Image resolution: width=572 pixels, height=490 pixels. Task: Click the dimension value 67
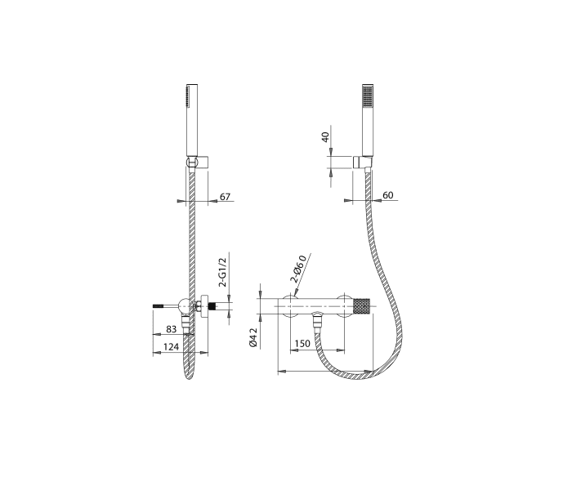click(226, 197)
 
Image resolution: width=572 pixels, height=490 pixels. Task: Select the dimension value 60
click(388, 195)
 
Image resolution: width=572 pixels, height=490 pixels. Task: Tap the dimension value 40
click(325, 136)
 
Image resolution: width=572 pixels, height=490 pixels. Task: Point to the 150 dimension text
click(302, 344)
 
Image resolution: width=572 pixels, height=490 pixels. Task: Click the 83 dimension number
click(172, 329)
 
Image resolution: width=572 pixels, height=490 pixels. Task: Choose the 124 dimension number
click(171, 347)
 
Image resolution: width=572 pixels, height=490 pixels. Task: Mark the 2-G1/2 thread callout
click(222, 272)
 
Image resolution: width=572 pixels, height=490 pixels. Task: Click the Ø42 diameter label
click(253, 337)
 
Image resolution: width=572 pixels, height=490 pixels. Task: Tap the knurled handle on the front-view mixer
click(361, 306)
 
